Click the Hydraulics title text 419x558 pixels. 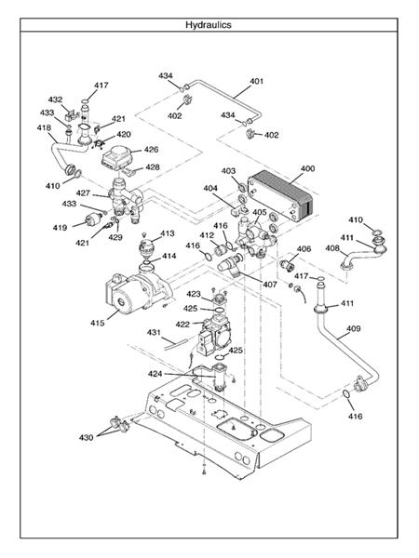(x=209, y=25)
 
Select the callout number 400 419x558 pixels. (x=308, y=168)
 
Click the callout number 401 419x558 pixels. (x=257, y=81)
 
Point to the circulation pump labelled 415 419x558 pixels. (x=137, y=291)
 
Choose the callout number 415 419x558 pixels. (x=97, y=323)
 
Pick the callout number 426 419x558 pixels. (x=151, y=150)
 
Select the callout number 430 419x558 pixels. (x=86, y=437)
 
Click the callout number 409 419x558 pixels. (x=354, y=329)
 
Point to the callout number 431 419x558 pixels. (x=154, y=332)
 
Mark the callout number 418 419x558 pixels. (x=44, y=127)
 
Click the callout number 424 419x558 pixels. (x=155, y=374)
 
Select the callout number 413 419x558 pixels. (x=168, y=233)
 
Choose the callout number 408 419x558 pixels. (x=332, y=248)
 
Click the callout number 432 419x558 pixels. (x=55, y=100)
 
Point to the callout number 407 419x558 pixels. (x=270, y=285)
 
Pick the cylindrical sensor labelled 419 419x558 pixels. (x=93, y=220)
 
